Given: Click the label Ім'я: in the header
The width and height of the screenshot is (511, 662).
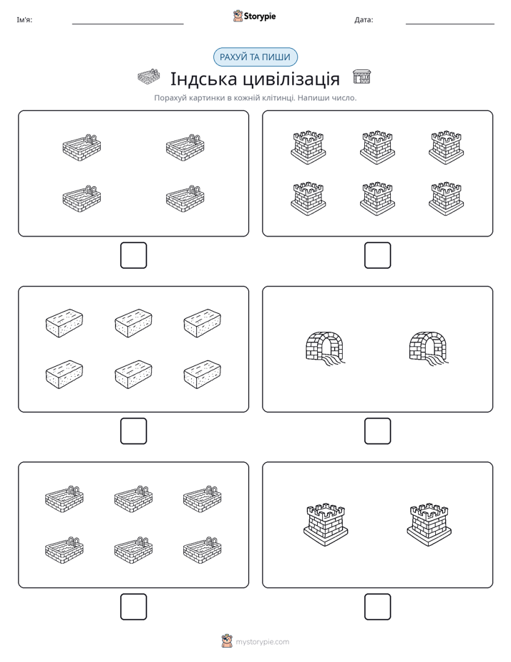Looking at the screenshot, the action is [24, 20].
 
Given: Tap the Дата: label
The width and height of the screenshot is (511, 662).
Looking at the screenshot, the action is [364, 20].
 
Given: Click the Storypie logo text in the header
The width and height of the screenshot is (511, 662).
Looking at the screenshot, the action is [260, 16].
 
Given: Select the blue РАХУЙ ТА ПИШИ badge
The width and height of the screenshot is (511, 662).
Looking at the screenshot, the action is [255, 57].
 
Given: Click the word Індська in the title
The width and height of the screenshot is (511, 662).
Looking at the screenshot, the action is [204, 79].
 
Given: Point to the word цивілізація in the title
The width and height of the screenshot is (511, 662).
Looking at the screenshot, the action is [291, 79].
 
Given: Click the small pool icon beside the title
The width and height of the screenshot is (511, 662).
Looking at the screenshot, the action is [149, 77].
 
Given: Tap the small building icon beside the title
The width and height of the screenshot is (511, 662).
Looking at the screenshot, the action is [361, 77].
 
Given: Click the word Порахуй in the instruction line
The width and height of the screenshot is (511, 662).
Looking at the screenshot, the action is [170, 98].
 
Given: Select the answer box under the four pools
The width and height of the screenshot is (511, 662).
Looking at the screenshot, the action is [134, 256].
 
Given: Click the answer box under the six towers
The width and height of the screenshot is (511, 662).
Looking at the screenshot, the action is [377, 256].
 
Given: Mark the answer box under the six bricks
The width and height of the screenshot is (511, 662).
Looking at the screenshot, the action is [134, 431].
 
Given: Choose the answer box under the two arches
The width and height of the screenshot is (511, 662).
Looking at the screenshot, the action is [377, 431].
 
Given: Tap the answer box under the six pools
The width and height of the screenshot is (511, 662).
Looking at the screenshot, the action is [134, 607].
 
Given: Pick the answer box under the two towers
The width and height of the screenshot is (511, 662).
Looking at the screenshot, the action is [377, 607].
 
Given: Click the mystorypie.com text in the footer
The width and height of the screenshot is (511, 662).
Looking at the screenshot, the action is [262, 642].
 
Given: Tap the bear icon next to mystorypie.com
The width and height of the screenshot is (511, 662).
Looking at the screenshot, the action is [227, 641].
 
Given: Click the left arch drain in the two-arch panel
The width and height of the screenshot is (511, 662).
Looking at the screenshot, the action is [325, 347].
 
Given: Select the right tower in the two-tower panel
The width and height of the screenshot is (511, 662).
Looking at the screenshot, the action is [429, 524].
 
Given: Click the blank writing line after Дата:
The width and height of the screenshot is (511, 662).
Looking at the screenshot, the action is [450, 24].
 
